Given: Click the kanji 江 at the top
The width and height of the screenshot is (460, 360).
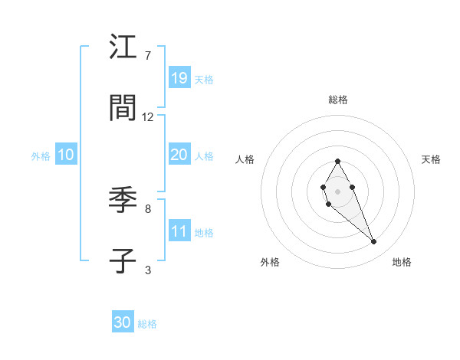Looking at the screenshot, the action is pos(123,47).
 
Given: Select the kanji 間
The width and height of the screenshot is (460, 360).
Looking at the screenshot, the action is pos(123,109).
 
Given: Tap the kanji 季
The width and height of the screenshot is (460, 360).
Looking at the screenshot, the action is pos(123,201).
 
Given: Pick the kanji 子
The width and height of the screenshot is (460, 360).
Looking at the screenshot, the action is pos(123,261).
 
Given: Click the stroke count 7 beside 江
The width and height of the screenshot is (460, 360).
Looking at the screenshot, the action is pos(148,56).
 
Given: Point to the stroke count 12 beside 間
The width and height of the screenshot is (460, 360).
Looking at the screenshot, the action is pos(148,117).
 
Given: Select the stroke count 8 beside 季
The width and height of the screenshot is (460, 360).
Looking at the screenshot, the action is pos(148,208).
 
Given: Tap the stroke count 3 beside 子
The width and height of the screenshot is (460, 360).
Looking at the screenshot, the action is pos(148,270).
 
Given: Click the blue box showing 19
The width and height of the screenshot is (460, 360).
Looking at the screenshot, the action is pos(179,77).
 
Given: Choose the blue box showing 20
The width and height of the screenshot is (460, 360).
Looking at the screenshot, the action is pos(179,155).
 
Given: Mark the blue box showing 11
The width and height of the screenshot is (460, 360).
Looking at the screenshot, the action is pos(179,231).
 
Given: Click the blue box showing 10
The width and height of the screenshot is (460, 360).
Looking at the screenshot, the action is pos(66,155).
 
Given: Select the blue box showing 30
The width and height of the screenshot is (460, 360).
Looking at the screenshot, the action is pos(123,322).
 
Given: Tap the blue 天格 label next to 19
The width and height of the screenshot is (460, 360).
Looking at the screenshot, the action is pos(204,79).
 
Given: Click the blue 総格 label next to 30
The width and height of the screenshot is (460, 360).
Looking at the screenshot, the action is pos(147,324).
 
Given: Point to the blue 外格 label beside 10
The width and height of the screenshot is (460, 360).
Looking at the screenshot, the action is pos(41,156).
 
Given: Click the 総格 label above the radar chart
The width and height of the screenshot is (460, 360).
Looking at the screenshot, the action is pos(338,100).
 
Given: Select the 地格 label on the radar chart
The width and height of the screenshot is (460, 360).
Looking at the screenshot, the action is pos(402,262).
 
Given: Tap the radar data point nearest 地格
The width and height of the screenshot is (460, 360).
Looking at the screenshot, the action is pos(374,242).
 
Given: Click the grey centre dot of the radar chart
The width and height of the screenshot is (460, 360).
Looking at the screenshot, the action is pos(337,190).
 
